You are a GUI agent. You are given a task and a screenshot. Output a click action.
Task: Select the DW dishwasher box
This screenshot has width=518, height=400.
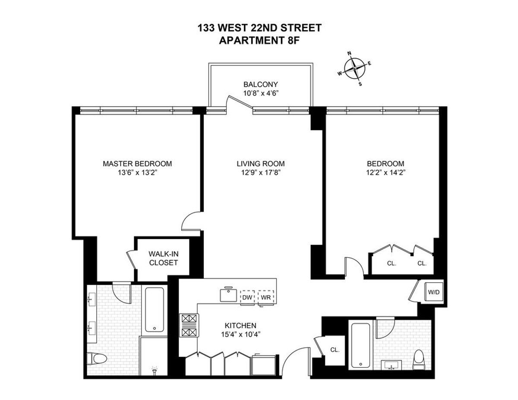247,297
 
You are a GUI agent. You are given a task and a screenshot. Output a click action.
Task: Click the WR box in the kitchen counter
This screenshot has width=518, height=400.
265,297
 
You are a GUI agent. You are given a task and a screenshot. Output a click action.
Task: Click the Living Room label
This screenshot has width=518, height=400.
260,164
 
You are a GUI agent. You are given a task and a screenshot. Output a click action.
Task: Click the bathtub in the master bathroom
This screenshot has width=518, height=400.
154,309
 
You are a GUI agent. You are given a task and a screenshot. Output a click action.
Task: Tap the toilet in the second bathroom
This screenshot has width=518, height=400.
418,360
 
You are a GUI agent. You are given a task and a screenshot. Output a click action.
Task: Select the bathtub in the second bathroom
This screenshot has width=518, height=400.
359,346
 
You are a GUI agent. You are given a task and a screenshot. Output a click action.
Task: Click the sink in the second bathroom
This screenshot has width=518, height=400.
392,365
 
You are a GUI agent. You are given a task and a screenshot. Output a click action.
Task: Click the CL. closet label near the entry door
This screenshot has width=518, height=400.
335,350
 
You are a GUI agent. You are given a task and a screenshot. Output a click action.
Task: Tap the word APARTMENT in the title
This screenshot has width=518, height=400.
242,41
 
